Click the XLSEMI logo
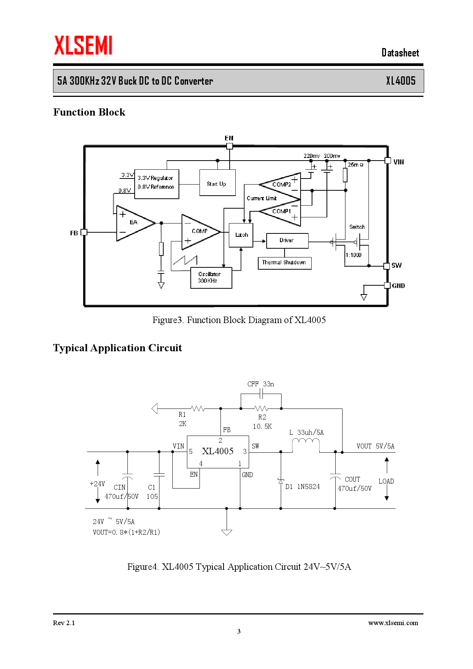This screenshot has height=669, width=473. (x=83, y=45)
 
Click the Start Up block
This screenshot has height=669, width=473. (x=217, y=183)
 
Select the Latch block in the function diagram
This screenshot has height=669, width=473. (x=241, y=235)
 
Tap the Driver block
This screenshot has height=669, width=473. (x=287, y=240)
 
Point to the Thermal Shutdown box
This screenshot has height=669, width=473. (x=285, y=263)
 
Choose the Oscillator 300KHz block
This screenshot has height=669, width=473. (x=211, y=278)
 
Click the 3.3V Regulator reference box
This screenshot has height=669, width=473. (x=156, y=184)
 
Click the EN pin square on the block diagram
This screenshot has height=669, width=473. (x=230, y=146)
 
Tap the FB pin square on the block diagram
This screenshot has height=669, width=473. (x=84, y=232)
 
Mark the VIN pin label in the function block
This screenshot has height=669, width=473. (x=399, y=162)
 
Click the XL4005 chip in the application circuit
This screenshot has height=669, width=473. (x=218, y=452)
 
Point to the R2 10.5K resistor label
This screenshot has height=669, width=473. (x=262, y=422)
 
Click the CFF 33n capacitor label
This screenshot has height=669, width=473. (x=261, y=384)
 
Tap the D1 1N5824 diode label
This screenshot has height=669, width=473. (x=302, y=487)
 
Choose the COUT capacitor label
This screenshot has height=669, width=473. (x=352, y=479)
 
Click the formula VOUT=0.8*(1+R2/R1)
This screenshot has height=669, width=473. (x=126, y=532)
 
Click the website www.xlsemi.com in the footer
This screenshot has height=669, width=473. (x=393, y=623)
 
